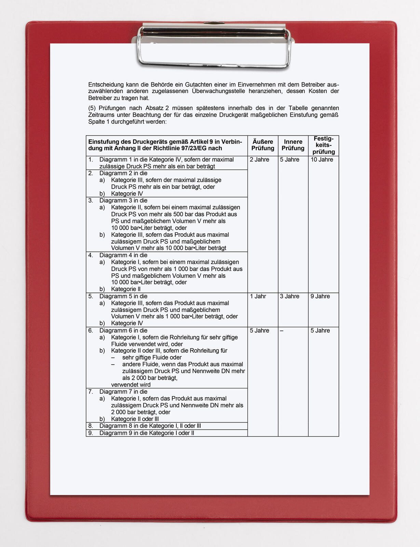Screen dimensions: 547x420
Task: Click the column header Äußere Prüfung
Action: tap(263, 145)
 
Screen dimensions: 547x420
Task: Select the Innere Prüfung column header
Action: tap(293, 145)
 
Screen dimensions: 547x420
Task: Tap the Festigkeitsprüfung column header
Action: tap(323, 145)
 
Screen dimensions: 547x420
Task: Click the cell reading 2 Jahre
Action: tap(259, 160)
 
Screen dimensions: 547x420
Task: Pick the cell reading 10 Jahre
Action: tap(322, 160)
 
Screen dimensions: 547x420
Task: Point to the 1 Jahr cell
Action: tap(258, 296)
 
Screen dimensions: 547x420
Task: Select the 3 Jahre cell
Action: tap(289, 296)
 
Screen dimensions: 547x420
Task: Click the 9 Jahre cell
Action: tap(320, 296)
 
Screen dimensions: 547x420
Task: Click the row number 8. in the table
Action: tap(91, 426)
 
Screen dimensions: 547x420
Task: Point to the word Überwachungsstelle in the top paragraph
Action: tap(218, 91)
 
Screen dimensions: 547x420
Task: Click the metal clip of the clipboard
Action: tap(214, 46)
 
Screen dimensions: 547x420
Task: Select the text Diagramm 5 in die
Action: tap(123, 296)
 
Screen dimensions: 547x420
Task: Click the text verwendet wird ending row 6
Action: tap(131, 385)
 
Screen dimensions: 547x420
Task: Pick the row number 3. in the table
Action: tap(91, 200)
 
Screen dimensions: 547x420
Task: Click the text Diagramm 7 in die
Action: tap(123, 392)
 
